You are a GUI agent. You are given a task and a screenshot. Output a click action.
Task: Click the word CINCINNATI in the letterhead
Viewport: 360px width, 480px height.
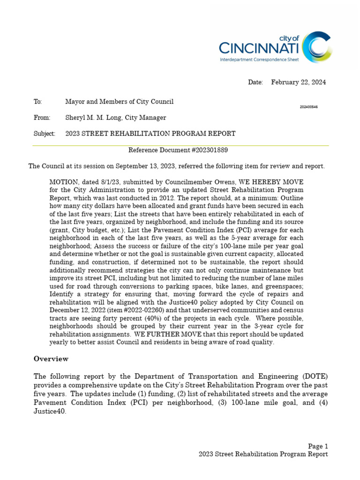click(x=260, y=48)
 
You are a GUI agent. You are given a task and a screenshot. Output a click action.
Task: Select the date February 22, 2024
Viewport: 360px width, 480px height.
click(x=298, y=82)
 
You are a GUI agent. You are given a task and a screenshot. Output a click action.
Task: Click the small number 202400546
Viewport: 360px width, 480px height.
click(x=309, y=107)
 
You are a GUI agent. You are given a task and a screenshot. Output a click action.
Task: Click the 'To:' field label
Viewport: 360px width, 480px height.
click(x=37, y=102)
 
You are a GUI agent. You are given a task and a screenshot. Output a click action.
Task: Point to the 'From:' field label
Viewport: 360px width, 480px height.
click(x=41, y=118)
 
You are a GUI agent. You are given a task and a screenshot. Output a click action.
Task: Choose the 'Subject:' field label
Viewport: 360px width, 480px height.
click(x=44, y=134)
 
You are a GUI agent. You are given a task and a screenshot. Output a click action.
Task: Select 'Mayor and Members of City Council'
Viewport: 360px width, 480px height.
click(x=119, y=102)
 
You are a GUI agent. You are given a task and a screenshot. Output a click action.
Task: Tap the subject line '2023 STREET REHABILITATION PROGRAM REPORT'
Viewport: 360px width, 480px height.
click(x=150, y=134)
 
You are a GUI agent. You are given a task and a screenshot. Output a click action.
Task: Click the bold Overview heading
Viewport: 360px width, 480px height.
click(x=51, y=359)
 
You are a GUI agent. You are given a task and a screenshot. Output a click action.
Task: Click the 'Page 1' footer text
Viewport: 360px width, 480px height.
click(x=318, y=446)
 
